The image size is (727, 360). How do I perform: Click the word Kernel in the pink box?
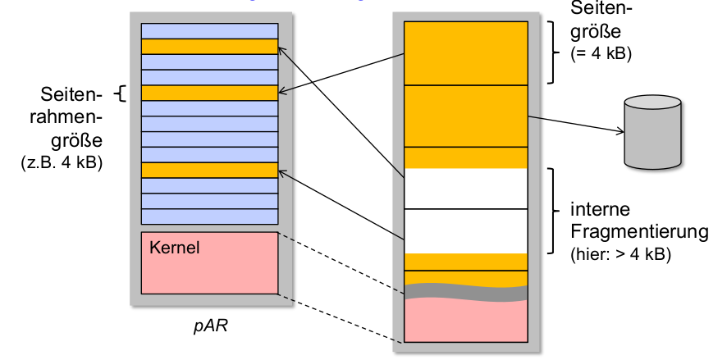175,247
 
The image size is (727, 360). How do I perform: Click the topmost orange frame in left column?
209,47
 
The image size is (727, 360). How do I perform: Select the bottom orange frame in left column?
209,171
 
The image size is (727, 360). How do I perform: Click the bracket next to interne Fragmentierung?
554,209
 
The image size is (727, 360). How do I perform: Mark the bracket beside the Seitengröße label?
554,51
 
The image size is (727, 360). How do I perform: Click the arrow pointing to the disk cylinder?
574,124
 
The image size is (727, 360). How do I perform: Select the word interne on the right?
597,209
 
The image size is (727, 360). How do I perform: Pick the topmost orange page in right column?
465,52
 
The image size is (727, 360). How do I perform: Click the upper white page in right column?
465,189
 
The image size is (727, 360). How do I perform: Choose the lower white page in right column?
465,230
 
